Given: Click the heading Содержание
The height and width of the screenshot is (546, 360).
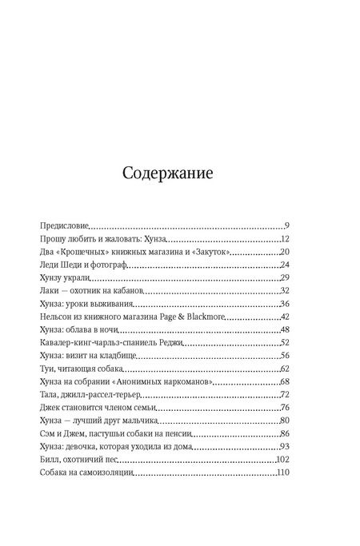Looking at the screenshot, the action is point(179,173).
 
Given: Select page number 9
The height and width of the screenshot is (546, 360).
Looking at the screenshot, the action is point(286,226).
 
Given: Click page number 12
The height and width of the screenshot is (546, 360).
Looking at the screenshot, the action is point(283,240).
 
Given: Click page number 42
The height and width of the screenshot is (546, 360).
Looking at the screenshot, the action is point(283,316).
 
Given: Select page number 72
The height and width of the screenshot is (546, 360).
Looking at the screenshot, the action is point(283,393).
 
